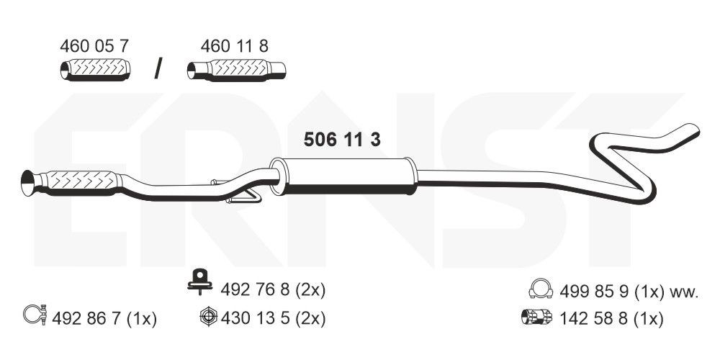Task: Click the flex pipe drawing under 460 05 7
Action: pyautogui.click(x=94, y=71)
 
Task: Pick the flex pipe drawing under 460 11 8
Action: pyautogui.click(x=237, y=71)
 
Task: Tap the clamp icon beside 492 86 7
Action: pyautogui.click(x=35, y=315)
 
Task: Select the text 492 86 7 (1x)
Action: pyautogui.click(x=104, y=318)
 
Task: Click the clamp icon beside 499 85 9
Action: pyautogui.click(x=540, y=290)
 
